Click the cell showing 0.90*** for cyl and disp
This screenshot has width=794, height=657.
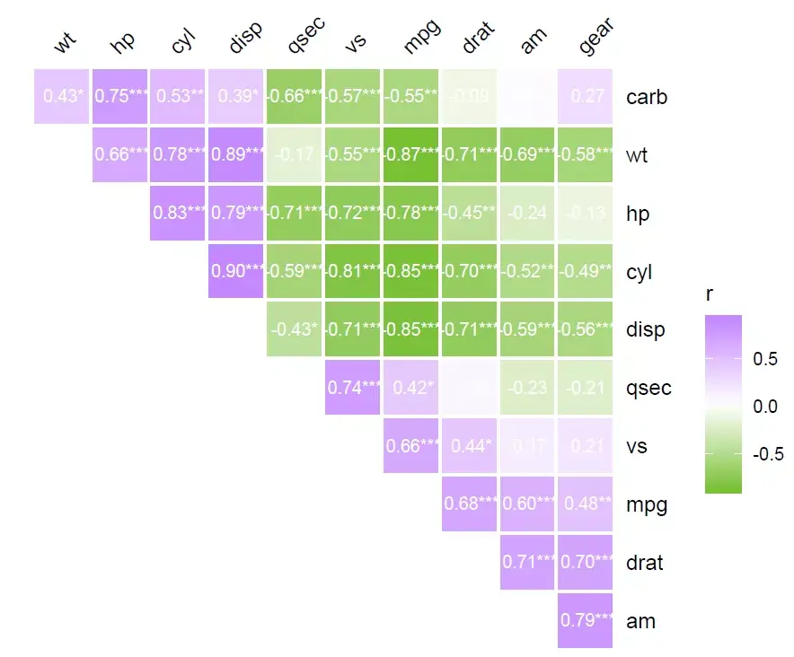[235, 271]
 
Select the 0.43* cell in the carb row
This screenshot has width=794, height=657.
[61, 96]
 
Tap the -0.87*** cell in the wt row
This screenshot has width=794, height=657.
[410, 154]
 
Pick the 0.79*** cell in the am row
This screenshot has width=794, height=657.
[585, 620]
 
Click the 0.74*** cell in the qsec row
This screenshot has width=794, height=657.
[352, 388]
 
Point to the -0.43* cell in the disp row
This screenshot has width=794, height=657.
[295, 329]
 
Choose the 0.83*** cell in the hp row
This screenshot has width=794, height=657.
[178, 213]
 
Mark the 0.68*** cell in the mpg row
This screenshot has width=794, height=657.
[469, 504]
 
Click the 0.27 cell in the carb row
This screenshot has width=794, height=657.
[585, 96]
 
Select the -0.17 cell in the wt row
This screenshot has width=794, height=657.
[295, 154]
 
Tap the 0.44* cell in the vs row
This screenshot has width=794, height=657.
[469, 446]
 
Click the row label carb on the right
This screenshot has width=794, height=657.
[647, 97]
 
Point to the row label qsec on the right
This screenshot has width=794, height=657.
[648, 389]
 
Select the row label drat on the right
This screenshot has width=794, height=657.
[645, 563]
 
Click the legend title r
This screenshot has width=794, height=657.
[710, 293]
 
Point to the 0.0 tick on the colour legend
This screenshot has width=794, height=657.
[765, 407]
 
